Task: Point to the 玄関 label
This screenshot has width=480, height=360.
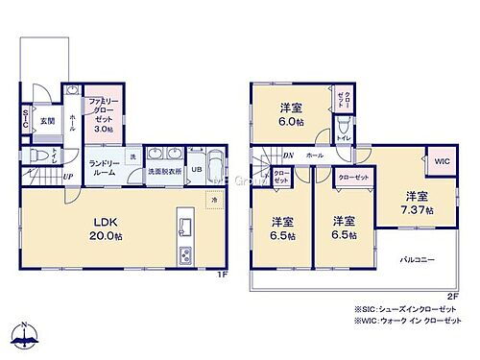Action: (47, 120)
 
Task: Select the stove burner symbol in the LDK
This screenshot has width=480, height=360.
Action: (185, 255)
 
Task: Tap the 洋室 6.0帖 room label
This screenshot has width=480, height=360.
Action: (291, 112)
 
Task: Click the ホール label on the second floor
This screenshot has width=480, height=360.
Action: (314, 155)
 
